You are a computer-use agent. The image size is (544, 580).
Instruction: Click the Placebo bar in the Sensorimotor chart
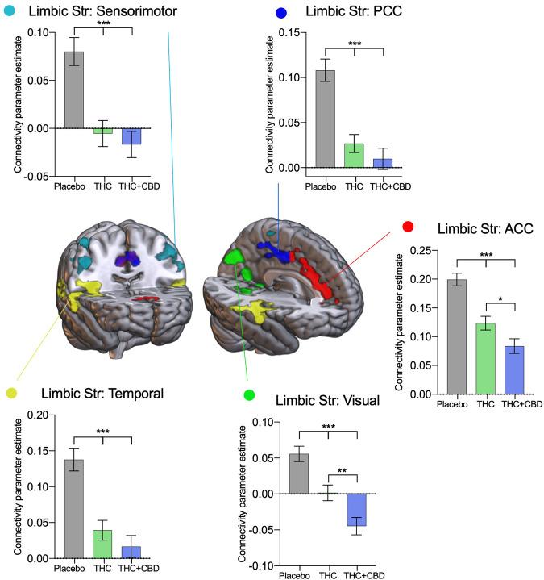click(73, 90)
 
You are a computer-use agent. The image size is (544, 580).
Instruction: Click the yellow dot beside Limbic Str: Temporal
click(10, 393)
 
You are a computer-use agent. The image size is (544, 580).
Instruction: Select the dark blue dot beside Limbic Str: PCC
click(280, 13)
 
